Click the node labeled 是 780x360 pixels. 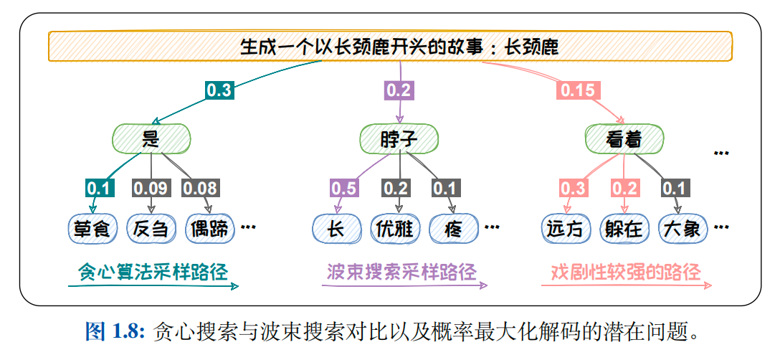tap(151, 138)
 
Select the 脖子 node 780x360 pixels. tap(399, 138)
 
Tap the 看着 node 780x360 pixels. tap(622, 138)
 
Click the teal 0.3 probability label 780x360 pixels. tap(219, 90)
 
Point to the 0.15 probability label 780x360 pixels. tap(577, 90)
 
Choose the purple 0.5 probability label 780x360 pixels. tap(343, 188)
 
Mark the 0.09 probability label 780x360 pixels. tap(150, 188)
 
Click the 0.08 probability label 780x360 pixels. tap(200, 188)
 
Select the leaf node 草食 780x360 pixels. tap(92, 229)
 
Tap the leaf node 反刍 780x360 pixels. tap(150, 229)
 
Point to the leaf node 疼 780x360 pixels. tap(453, 229)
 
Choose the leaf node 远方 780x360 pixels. tap(565, 229)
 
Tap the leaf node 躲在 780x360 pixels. tap(623, 229)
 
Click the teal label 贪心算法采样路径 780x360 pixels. tap(153, 272)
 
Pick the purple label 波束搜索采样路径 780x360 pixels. tap(401, 272)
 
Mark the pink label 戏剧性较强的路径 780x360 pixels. tap(626, 272)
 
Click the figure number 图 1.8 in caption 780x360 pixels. tap(115, 331)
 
